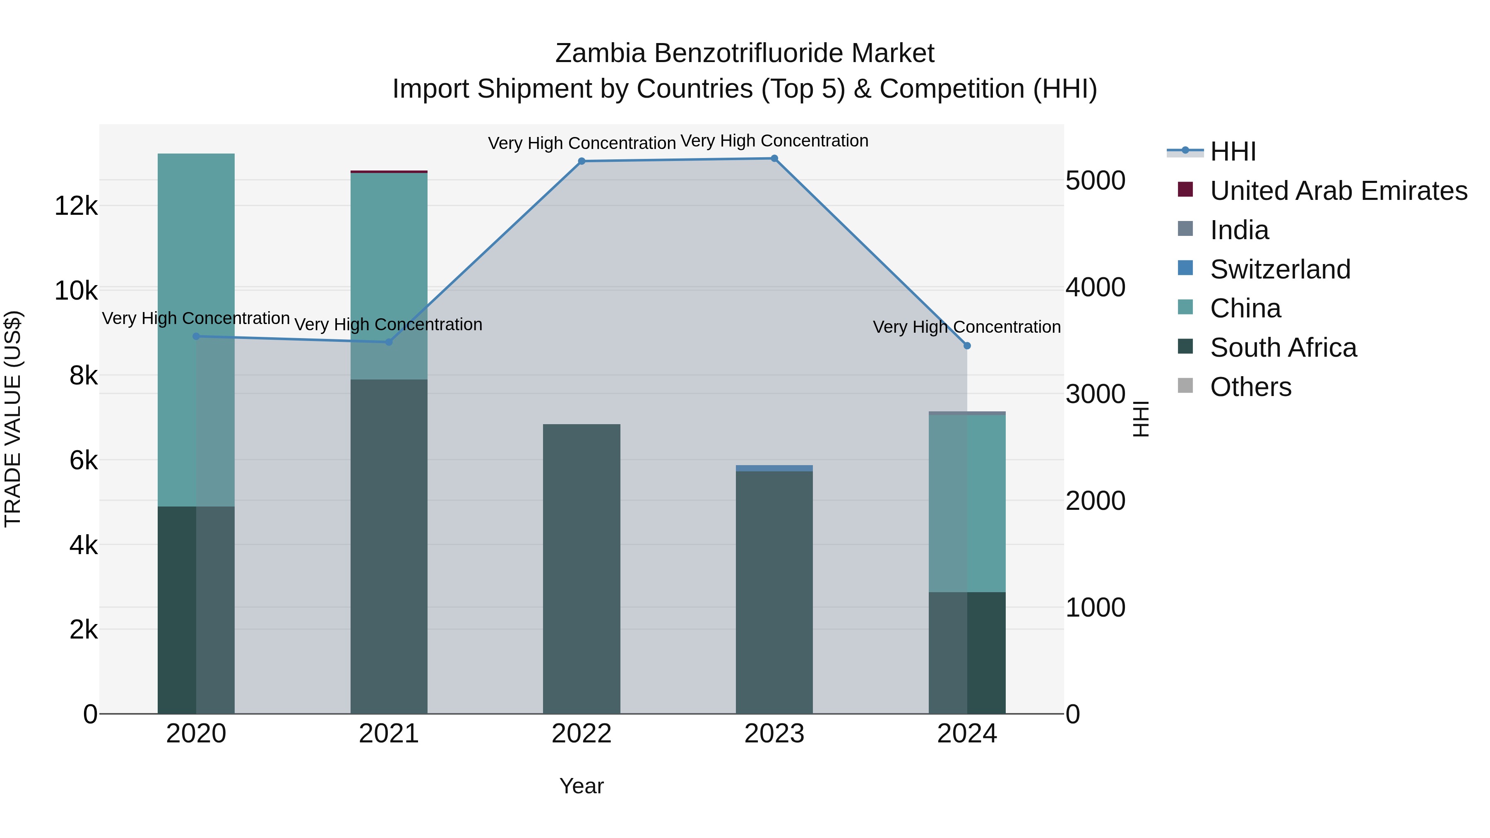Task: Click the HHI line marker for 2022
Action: click(x=582, y=161)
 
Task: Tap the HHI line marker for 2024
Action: click(x=967, y=346)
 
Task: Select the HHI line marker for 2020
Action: click(x=196, y=336)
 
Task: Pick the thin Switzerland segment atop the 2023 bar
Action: click(x=774, y=468)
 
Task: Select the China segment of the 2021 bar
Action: click(x=389, y=276)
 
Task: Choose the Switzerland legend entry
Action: click(x=1280, y=269)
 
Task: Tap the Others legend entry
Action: click(x=1250, y=387)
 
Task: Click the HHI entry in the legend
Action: click(x=1233, y=151)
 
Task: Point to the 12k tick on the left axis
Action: click(x=76, y=206)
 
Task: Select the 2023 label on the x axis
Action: click(x=774, y=734)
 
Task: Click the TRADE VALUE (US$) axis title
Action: click(x=13, y=419)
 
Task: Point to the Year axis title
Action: click(x=582, y=786)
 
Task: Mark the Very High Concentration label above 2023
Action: click(x=774, y=141)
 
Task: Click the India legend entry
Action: click(x=1239, y=230)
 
